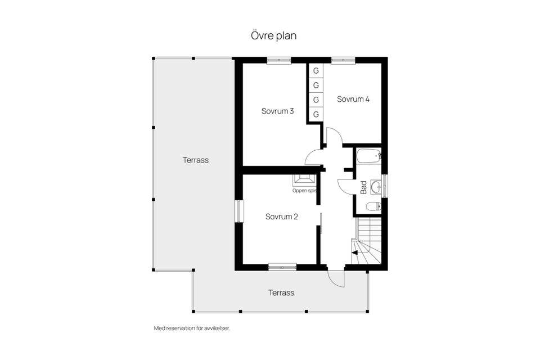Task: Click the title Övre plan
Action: (273, 35)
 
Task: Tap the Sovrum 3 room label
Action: (278, 111)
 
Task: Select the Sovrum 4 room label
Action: (353, 99)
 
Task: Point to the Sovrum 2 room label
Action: (282, 216)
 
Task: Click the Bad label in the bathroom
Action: (363, 187)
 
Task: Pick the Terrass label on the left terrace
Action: (196, 160)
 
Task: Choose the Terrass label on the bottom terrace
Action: (281, 292)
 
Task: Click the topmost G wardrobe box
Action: (316, 71)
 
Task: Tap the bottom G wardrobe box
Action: (316, 114)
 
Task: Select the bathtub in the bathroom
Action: (369, 155)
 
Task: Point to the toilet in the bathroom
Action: (373, 206)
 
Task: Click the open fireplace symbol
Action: (304, 179)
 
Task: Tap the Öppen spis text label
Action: (304, 191)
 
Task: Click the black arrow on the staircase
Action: (354, 253)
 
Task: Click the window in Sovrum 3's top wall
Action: (278, 60)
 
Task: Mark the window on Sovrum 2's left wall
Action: (238, 211)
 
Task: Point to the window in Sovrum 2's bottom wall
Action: (282, 267)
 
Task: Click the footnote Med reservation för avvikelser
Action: (192, 328)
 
